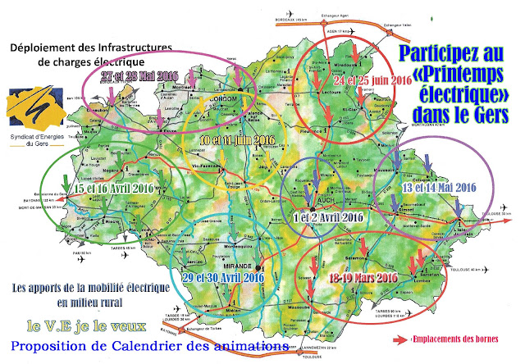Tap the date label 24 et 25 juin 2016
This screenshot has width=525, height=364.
coord(372,82)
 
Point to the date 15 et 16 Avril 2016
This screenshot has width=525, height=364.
coord(114,187)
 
